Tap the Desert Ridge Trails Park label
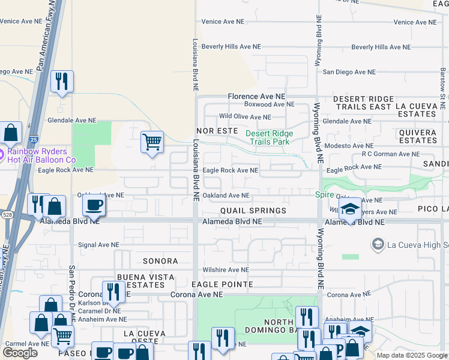[270, 137]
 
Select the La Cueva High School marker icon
[378, 244]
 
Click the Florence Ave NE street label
[256, 96]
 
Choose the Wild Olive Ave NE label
[245, 117]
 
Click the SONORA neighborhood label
[160, 261]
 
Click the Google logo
[20, 353]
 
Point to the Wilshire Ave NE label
[225, 270]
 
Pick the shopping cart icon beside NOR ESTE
[152, 142]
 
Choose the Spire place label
[325, 194]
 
